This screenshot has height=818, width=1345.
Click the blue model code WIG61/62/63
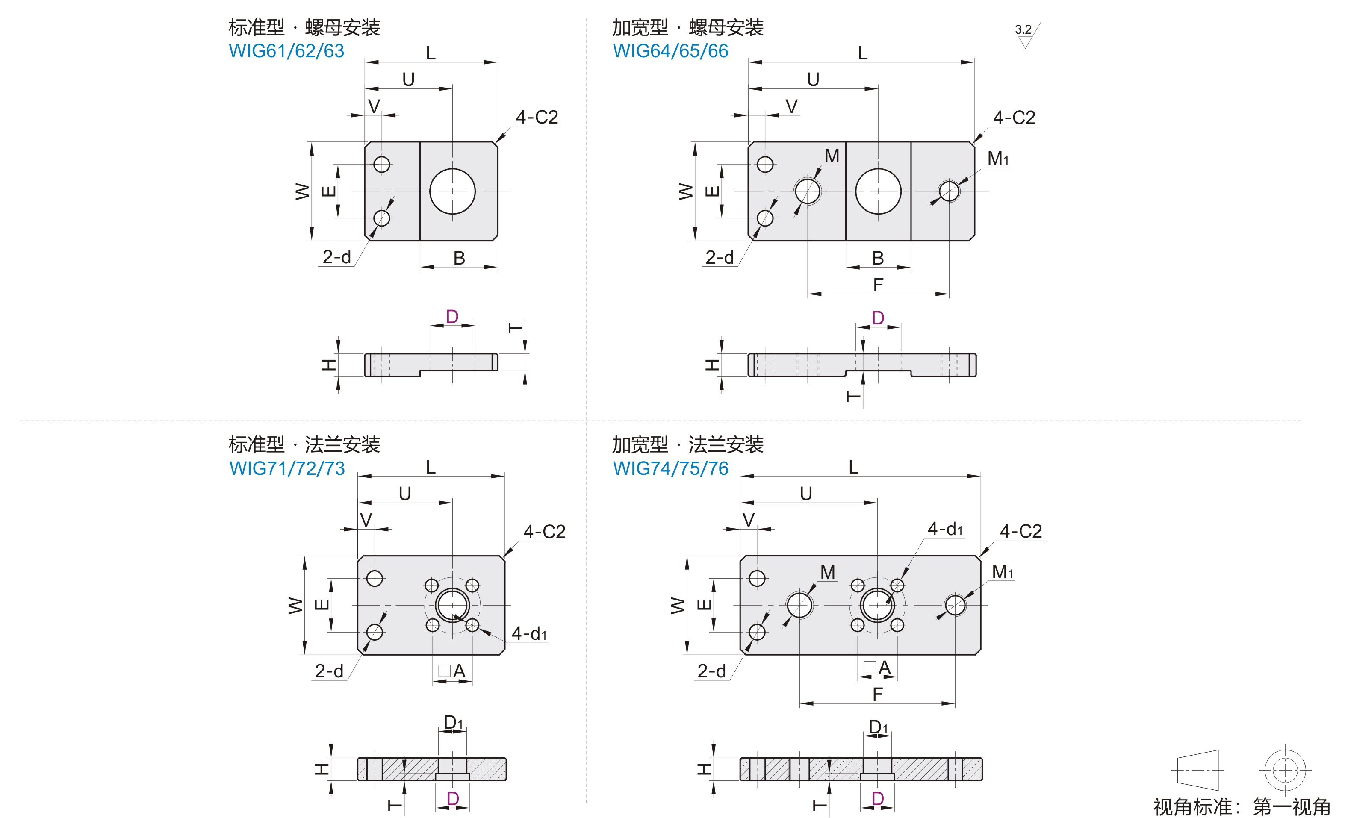[x=286, y=51]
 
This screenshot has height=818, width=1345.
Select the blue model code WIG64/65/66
[x=670, y=51]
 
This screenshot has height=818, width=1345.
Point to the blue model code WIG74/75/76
[x=670, y=468]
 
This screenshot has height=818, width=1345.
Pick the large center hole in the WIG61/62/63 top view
[x=452, y=191]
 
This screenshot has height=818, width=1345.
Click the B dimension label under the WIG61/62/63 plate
[x=459, y=258]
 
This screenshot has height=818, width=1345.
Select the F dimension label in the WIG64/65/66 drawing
[x=878, y=285]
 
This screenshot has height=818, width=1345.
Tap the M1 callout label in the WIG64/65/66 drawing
[x=998, y=158]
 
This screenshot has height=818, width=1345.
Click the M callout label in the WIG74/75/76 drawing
[x=828, y=572]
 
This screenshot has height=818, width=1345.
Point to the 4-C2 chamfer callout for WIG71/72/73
[x=544, y=532]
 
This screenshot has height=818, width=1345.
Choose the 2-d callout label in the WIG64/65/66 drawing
[x=720, y=257]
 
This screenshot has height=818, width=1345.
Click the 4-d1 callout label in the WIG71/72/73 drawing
[x=528, y=633]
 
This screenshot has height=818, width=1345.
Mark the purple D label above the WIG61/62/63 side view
[x=452, y=317]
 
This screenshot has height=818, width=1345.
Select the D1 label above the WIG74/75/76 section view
[x=878, y=727]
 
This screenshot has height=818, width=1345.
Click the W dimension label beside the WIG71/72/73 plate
[x=295, y=605]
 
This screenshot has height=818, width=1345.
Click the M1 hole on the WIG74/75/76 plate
[x=955, y=605]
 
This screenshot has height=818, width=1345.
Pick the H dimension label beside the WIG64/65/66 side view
[x=712, y=365]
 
